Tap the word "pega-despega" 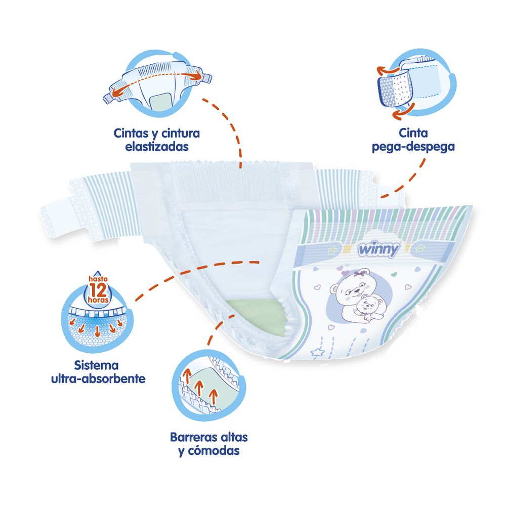[413, 147]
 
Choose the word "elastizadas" [156, 147]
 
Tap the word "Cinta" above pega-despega [413, 134]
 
